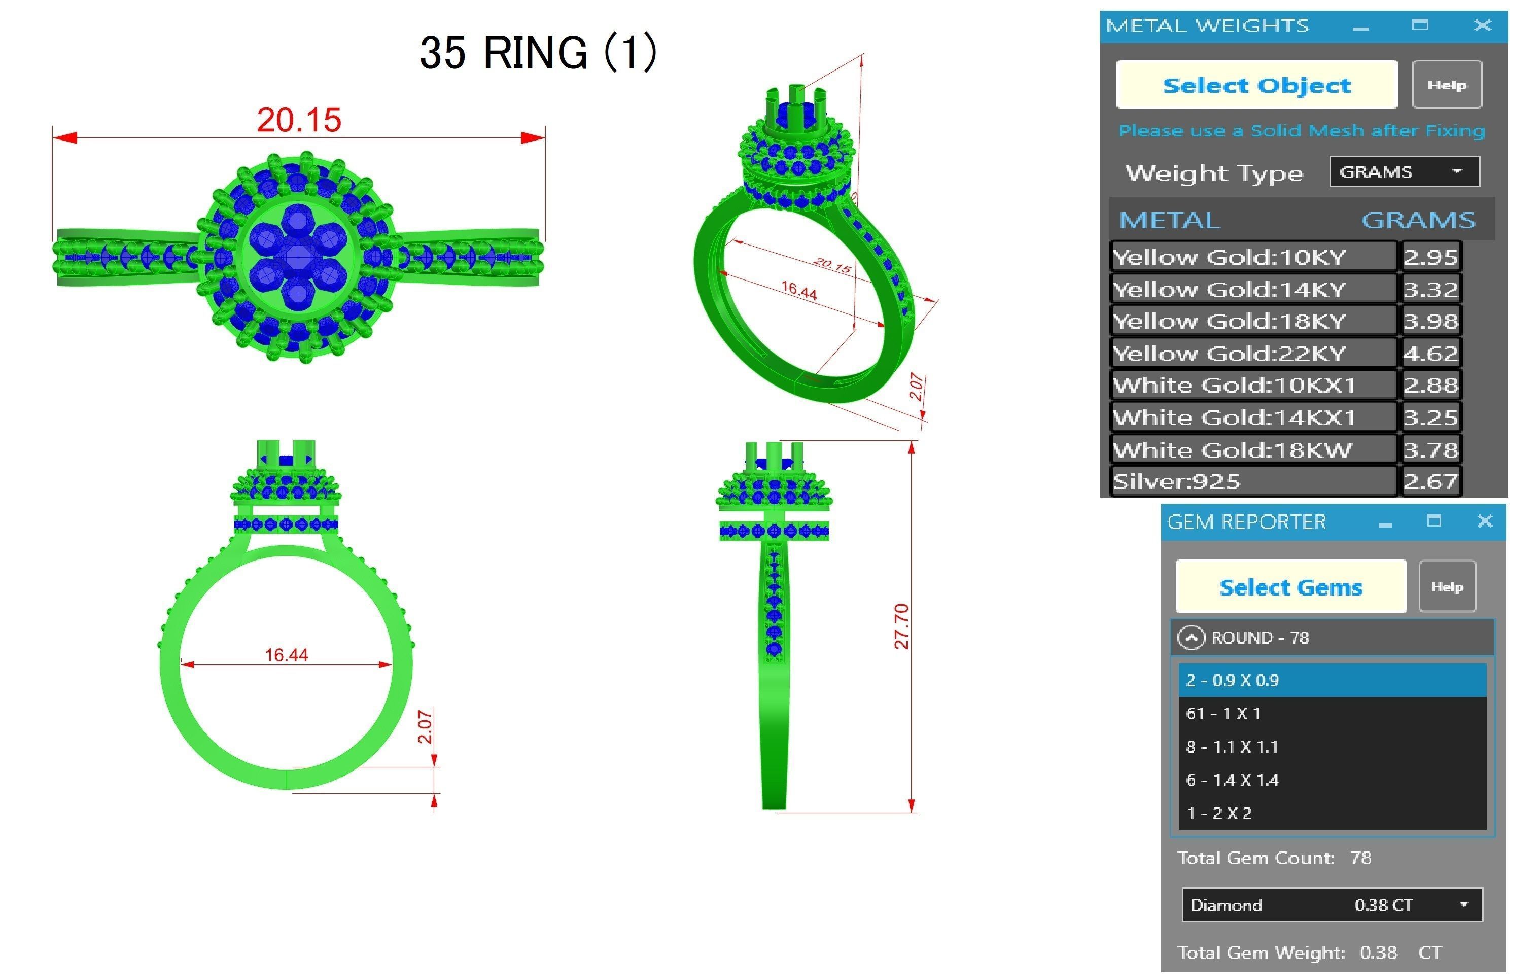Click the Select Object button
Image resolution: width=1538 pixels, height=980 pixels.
[1256, 85]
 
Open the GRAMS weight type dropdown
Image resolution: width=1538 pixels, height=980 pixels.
[1405, 172]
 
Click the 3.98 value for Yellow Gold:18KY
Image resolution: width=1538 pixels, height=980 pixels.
[1430, 321]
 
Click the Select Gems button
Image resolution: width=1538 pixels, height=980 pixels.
[1290, 587]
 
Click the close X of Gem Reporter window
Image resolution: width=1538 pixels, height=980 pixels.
[1485, 521]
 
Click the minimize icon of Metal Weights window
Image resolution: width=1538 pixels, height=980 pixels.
[1360, 27]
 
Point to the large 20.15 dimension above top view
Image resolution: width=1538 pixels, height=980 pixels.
[299, 120]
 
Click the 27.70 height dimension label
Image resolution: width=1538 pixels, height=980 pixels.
[900, 626]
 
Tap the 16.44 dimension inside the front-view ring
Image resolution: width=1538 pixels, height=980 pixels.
[286, 655]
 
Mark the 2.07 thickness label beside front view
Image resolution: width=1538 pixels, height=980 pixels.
[425, 727]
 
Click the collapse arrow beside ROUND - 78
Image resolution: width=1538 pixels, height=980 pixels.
[1191, 638]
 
